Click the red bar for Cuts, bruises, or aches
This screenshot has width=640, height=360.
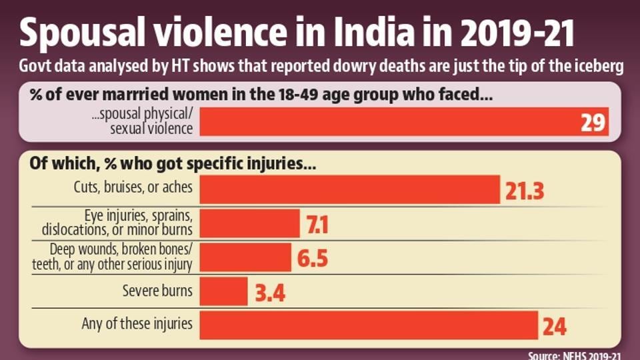coord(350,189)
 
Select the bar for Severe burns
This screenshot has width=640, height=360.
coord(224,291)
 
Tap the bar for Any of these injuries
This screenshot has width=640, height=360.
coord(369,325)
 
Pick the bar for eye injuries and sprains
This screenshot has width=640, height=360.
coord(250,223)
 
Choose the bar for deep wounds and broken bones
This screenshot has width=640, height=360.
coord(245,257)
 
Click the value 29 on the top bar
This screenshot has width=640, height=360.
coord(593,122)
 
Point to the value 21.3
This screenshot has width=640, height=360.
coord(525,191)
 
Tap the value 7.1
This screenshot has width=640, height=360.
coord(317,225)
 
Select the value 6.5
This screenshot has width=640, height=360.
coord(312,259)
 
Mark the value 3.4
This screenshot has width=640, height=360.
coord(270,293)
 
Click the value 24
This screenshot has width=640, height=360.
coord(555,327)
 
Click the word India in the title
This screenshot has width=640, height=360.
coord(374,32)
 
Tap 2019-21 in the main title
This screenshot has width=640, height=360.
coord(518,32)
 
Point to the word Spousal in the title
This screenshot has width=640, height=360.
coord(82,33)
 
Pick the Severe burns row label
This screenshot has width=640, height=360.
coord(157,291)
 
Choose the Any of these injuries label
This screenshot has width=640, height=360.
coord(137,323)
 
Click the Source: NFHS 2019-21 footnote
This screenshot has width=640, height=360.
coord(575,355)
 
